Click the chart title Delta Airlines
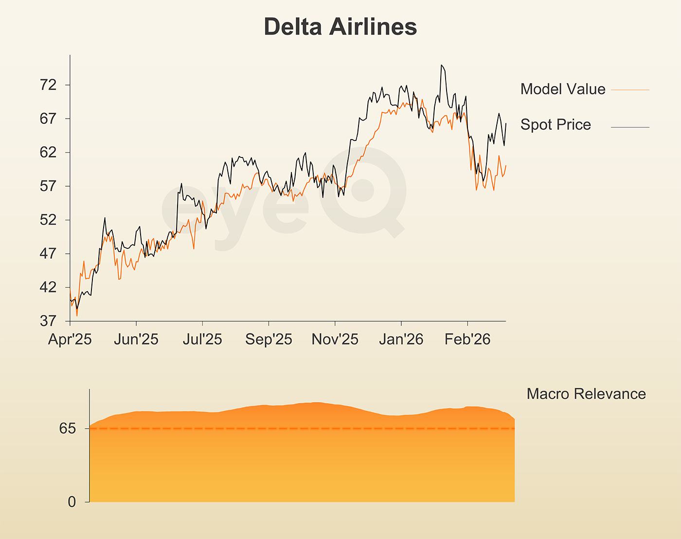pyautogui.click(x=340, y=27)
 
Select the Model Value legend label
pyautogui.click(x=563, y=89)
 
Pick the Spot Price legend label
pyautogui.click(x=556, y=124)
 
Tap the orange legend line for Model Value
pyautogui.click(x=630, y=90)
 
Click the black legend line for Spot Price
pyautogui.click(x=630, y=127)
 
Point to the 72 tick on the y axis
pyautogui.click(x=48, y=85)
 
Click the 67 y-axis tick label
pyautogui.click(x=48, y=119)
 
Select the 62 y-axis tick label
pyautogui.click(x=48, y=152)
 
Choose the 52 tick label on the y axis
pyautogui.click(x=48, y=220)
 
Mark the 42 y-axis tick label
pyautogui.click(x=48, y=287)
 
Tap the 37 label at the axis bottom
pyautogui.click(x=48, y=321)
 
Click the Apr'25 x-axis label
pyautogui.click(x=70, y=339)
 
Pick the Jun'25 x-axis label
pyautogui.click(x=136, y=339)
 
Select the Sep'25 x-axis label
pyautogui.click(x=269, y=339)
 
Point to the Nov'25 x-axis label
pyautogui.click(x=335, y=339)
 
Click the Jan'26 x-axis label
pyautogui.click(x=401, y=339)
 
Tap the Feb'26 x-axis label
pyautogui.click(x=467, y=339)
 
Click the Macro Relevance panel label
pyautogui.click(x=586, y=394)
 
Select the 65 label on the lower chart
pyautogui.click(x=68, y=429)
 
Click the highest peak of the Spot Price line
pyautogui.click(x=441, y=65)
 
